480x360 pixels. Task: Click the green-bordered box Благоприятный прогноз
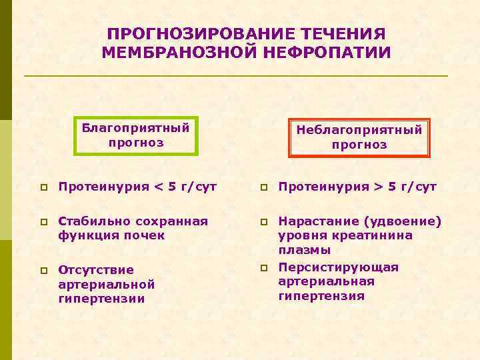pos(136,135)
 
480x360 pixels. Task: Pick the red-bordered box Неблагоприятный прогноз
pos(359,137)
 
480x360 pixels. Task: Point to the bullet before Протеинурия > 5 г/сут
pos(264,187)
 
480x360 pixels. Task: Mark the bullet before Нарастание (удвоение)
pos(264,221)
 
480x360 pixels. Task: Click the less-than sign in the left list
pos(159,187)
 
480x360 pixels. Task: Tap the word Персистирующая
pos(338,267)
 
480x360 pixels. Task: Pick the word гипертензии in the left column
pos(101,299)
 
